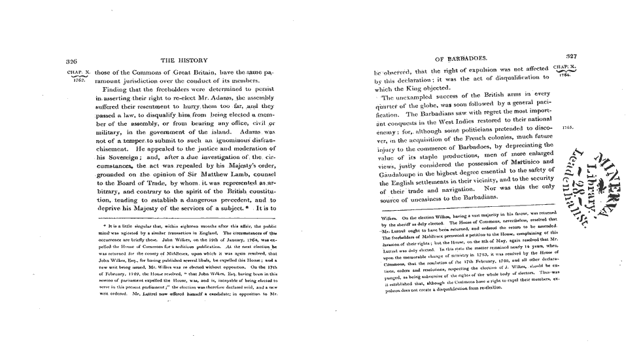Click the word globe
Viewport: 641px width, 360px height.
click(412, 106)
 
